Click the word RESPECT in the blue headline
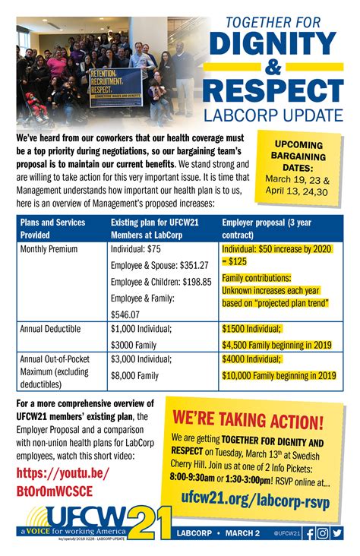pos(275,90)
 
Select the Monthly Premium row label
pos(49,249)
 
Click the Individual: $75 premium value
pos(135,249)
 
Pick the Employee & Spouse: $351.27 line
pos(159,265)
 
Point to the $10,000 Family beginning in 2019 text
pos(279,375)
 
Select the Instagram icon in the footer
pos(324,533)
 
